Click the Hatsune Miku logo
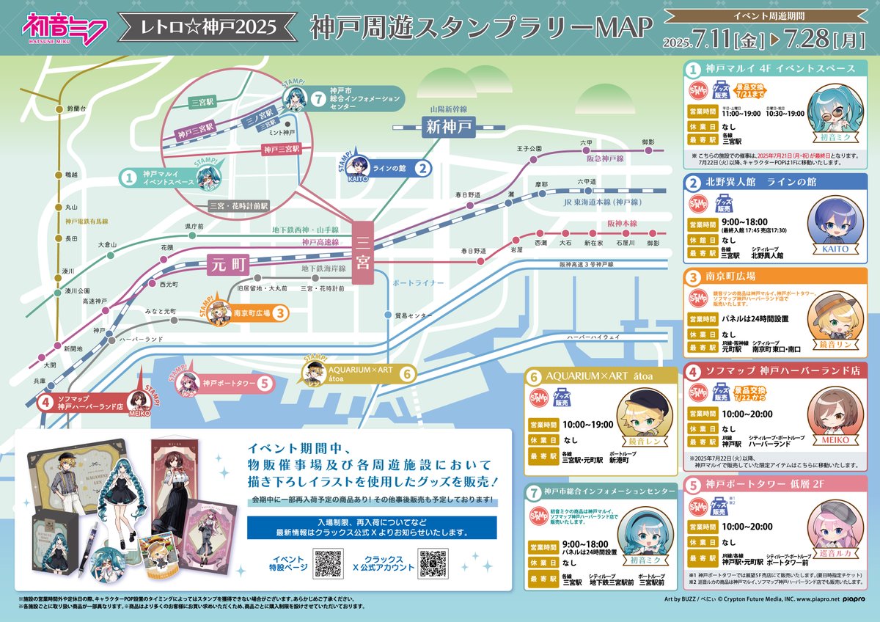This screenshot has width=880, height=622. point(66,27)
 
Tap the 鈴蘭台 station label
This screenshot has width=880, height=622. point(77,109)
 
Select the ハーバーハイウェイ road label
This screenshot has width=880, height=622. point(593,336)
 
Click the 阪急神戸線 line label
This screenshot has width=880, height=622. point(605,158)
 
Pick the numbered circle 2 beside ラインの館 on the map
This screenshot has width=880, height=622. point(422,167)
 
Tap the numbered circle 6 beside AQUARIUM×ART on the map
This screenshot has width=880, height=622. point(408,373)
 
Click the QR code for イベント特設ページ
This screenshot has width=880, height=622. point(329,563)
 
